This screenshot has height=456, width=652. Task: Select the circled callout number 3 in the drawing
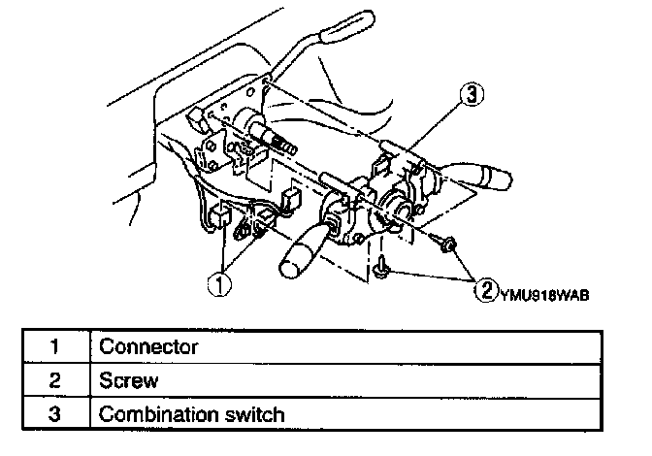pyautogui.click(x=470, y=95)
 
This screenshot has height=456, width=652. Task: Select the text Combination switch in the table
pyautogui.click(x=192, y=415)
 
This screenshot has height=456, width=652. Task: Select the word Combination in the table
pyautogui.click(x=161, y=415)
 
